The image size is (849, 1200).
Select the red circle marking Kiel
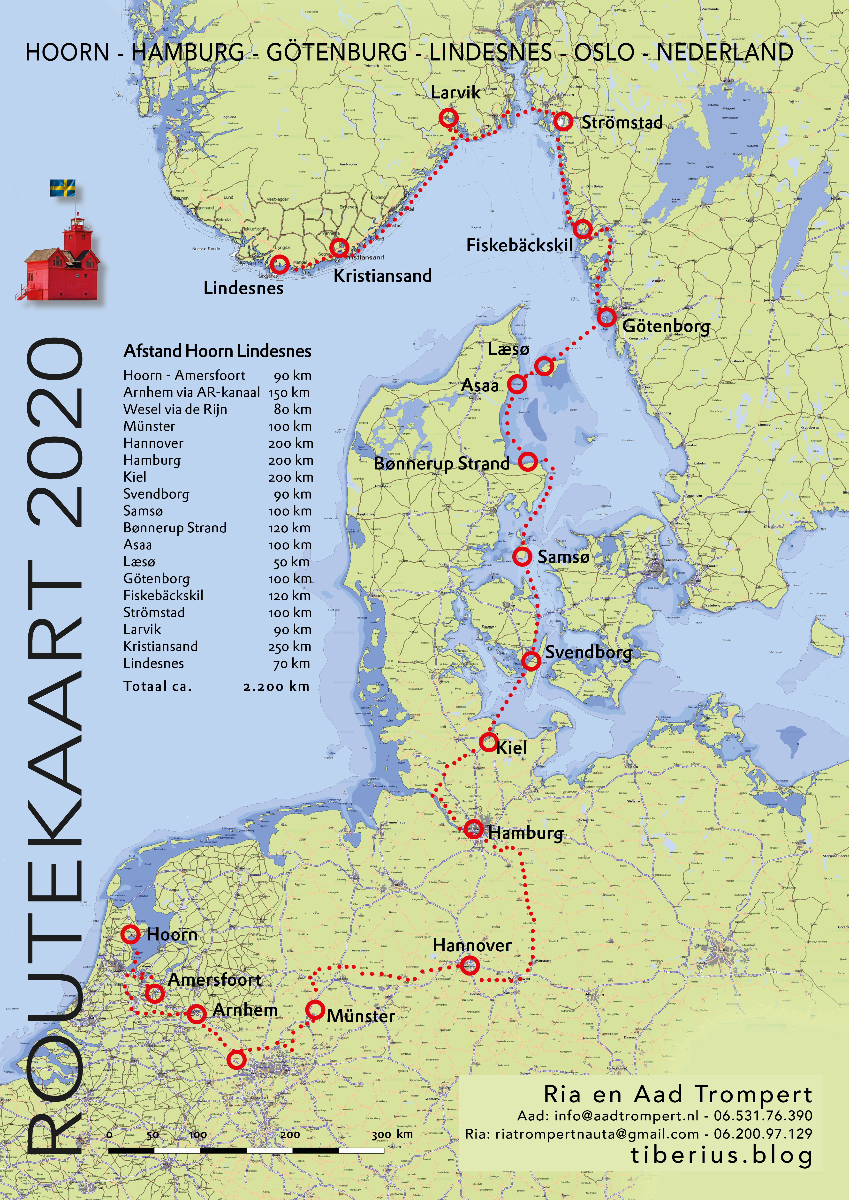[x=488, y=742]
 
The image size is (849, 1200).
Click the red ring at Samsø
[x=522, y=556]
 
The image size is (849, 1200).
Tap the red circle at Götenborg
[x=606, y=317]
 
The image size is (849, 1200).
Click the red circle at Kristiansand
[x=339, y=247]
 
